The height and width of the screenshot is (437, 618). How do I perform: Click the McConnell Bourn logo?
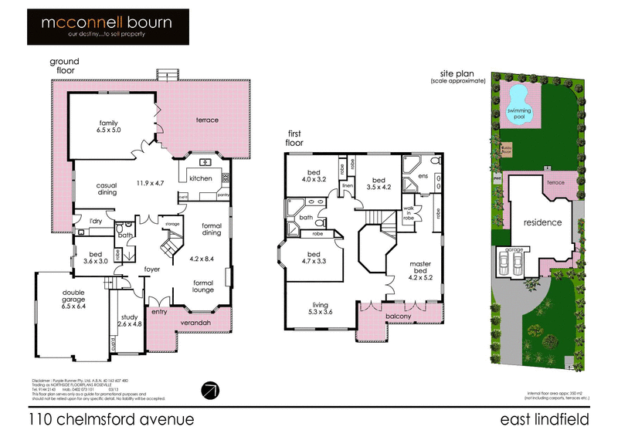tap(105, 28)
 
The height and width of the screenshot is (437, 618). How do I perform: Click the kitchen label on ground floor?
tap(200, 178)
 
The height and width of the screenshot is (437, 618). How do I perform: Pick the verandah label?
tap(195, 322)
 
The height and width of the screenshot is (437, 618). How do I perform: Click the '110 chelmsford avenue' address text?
tap(110, 419)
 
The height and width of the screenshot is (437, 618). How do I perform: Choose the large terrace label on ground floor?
tap(207, 120)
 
